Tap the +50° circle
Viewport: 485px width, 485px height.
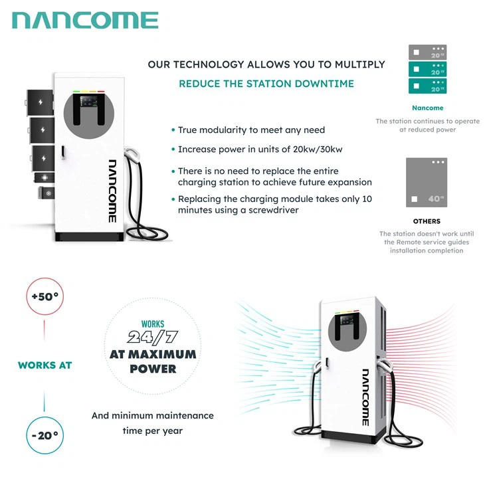coord(45,297)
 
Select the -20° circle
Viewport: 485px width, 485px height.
coord(45,435)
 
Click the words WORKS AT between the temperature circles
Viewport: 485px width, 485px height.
coord(45,365)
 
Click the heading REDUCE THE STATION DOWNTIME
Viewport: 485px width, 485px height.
coord(266,84)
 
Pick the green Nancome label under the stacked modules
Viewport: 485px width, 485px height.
coord(427,108)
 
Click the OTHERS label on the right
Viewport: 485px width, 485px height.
coord(427,221)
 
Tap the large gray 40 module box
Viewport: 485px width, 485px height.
coord(427,182)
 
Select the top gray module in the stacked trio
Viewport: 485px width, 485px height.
coord(427,52)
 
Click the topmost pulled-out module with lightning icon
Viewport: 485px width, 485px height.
coord(40,102)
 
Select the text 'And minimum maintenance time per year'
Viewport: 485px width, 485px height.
coord(153,423)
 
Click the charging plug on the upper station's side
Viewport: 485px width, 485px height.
coord(133,157)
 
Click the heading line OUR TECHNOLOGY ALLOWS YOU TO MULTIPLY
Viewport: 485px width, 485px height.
coord(266,64)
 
